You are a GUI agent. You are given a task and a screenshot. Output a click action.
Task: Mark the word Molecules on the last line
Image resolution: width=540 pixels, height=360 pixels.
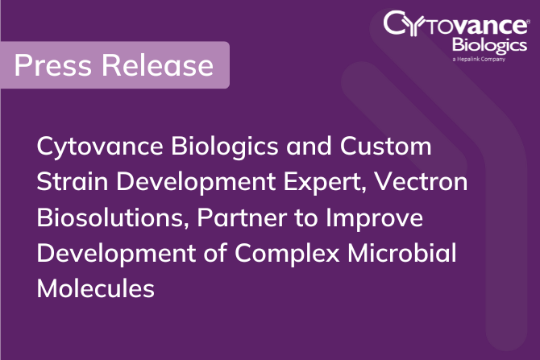(95, 288)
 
